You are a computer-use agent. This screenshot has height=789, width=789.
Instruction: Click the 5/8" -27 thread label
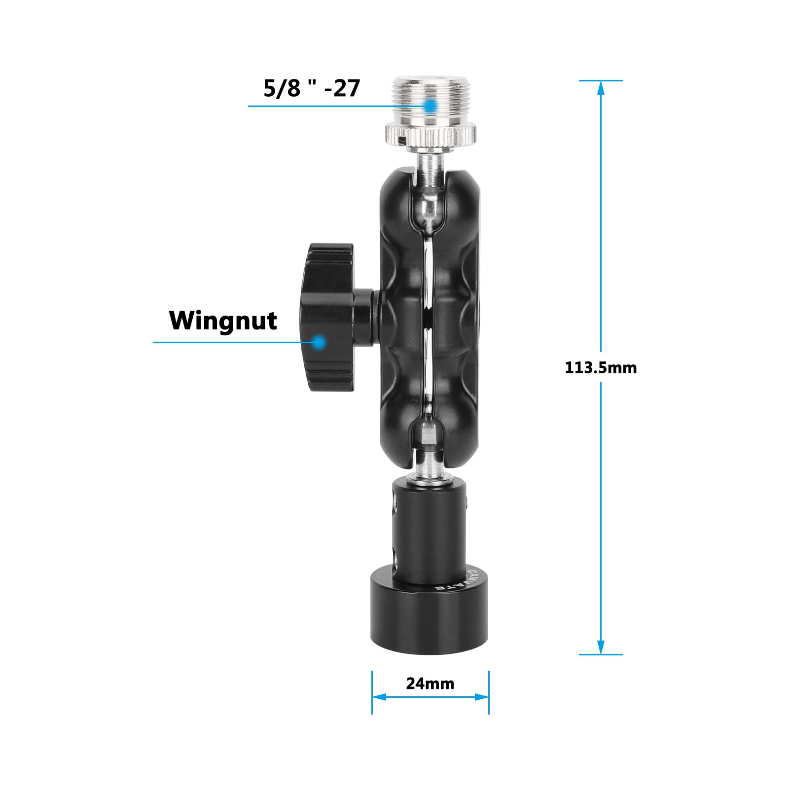(312, 89)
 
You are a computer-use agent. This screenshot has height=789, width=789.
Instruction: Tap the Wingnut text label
(223, 321)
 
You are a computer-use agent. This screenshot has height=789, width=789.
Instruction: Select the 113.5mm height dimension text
(600, 368)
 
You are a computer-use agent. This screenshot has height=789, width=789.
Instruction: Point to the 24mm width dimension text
(430, 683)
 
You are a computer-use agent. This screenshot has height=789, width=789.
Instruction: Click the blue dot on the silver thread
(430, 106)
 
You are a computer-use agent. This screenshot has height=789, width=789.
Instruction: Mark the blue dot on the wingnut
(320, 341)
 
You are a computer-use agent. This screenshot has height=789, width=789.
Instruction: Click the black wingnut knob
(328, 316)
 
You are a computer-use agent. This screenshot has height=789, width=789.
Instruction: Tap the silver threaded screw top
(430, 101)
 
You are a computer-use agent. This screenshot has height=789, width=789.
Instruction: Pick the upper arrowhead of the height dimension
(601, 87)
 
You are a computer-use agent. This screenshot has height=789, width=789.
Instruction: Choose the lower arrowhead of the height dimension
(601, 647)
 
